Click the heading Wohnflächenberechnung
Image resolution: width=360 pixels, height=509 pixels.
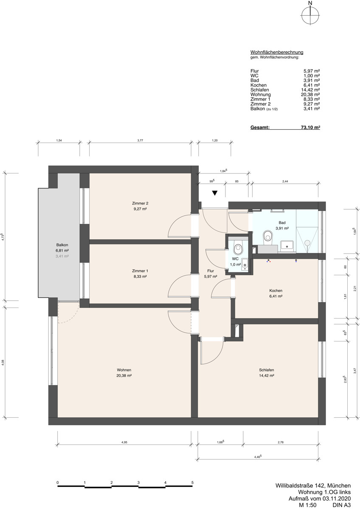coord(276,52)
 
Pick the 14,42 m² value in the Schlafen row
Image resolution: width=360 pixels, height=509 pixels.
coord(310,90)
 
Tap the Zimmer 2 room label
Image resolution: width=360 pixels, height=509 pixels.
coord(140,203)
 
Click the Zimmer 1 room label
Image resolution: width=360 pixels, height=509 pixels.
coord(140,271)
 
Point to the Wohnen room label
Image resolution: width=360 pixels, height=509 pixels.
coord(124,369)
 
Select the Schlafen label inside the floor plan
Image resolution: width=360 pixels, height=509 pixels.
coord(267,369)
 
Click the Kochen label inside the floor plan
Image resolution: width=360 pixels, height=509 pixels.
coord(276,291)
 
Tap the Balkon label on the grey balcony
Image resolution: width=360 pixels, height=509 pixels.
coord(62,245)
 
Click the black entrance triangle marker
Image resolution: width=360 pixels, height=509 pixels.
coord(215,193)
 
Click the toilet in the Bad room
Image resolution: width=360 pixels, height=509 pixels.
coord(267,236)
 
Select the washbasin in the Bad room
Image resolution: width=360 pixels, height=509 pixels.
coord(287,245)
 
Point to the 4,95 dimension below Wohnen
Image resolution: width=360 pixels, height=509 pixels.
coord(124,442)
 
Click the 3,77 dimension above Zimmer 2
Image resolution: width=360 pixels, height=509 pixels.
coord(140,140)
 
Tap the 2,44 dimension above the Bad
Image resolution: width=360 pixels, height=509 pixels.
coord(285,181)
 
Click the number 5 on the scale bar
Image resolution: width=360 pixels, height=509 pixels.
coord(192,483)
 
